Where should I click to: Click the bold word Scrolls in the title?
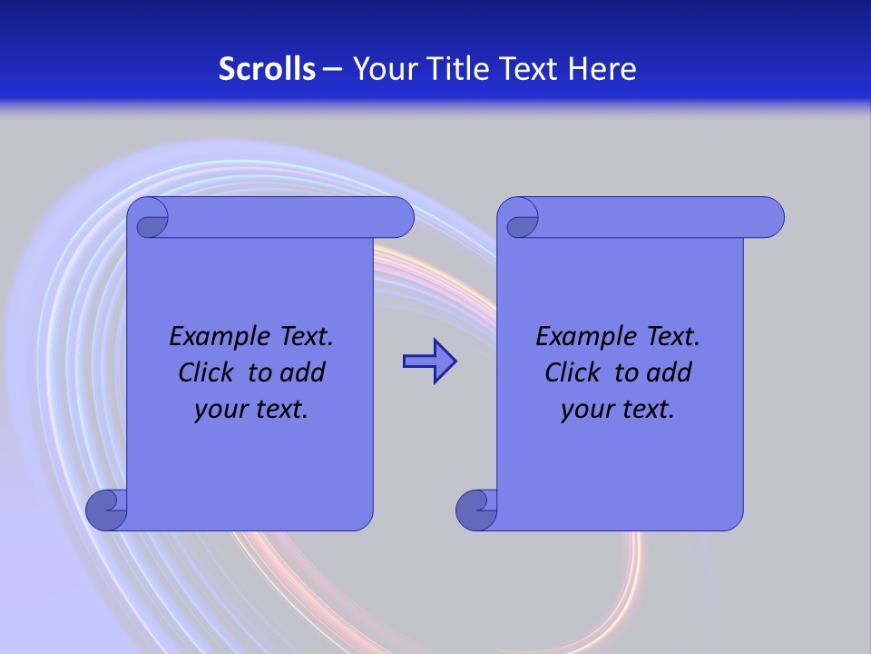coord(268,68)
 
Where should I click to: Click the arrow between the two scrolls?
coord(429,362)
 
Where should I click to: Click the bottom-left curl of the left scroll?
coord(105,510)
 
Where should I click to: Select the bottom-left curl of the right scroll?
coord(475,510)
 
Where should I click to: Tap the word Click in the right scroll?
coord(573,372)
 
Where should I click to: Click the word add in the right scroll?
coord(670,372)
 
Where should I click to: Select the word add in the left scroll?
coord(303,372)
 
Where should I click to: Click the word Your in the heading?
coord(382,68)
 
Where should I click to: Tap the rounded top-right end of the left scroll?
coord(399,218)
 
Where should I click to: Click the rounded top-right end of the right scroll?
coord(769,218)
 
